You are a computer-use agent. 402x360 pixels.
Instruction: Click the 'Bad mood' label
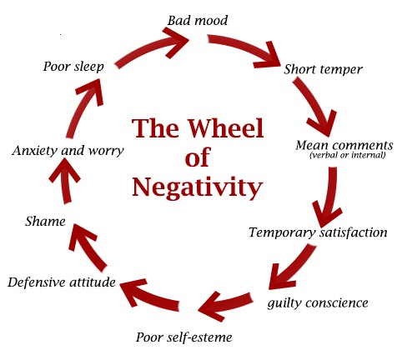(198, 21)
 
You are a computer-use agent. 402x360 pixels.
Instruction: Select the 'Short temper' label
(323, 69)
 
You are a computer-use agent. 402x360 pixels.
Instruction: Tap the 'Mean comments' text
(344, 145)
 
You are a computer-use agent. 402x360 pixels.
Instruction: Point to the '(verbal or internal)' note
(348, 155)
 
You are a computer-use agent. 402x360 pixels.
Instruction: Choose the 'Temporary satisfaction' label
(318, 232)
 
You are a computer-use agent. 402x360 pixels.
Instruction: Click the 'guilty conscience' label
(318, 302)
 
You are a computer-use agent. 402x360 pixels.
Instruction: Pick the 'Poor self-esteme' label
(184, 337)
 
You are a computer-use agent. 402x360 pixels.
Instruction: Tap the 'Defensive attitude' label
(62, 282)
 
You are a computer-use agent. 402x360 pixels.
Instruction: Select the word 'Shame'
(45, 222)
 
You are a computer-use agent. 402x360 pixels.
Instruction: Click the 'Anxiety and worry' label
(68, 151)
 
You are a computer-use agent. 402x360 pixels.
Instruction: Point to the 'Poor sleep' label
(73, 67)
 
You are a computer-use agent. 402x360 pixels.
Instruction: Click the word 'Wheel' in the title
(225, 128)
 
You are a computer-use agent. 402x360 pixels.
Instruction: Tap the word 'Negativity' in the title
(198, 187)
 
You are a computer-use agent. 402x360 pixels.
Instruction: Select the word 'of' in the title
(198, 157)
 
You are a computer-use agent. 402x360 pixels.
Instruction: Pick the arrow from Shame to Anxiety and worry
(66, 181)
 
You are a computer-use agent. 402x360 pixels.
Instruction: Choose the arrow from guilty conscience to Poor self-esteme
(225, 305)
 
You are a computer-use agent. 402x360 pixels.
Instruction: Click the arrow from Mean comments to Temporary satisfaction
(329, 197)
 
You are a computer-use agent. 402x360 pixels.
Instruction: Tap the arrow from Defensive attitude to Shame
(87, 248)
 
